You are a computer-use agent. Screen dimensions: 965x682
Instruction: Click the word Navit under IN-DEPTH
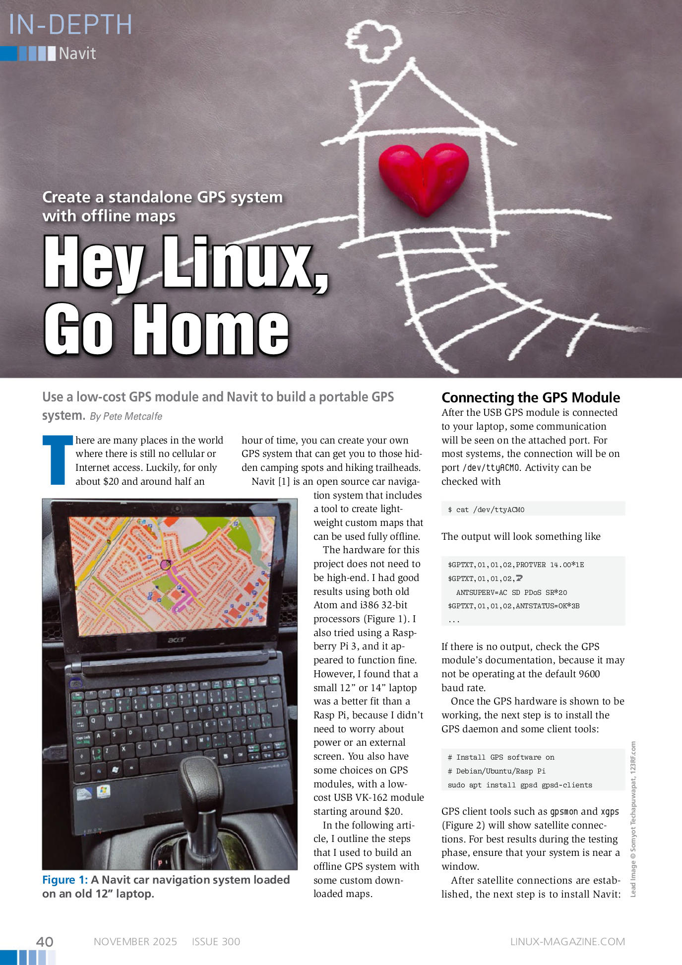click(77, 54)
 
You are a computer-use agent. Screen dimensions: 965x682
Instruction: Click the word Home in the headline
click(210, 329)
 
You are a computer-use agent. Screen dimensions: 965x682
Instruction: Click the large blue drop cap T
click(55, 460)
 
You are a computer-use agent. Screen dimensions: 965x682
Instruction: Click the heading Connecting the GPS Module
click(530, 397)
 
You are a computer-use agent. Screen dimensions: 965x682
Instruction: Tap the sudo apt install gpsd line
click(519, 785)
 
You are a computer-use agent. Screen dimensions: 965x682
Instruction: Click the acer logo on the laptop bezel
click(177, 640)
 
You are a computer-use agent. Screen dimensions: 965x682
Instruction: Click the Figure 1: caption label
click(65, 880)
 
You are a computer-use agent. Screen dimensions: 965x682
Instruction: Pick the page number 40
click(45, 942)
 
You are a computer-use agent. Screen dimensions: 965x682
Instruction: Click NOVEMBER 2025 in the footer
click(135, 942)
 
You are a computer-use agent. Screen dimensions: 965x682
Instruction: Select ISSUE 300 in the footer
click(216, 942)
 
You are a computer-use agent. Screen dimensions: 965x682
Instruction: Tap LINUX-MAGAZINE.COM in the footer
click(567, 942)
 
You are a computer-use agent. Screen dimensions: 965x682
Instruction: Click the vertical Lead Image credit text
click(633, 819)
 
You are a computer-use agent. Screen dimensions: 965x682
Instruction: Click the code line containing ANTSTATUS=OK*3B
click(513, 606)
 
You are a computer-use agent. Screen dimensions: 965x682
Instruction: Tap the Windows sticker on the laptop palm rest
click(103, 790)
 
